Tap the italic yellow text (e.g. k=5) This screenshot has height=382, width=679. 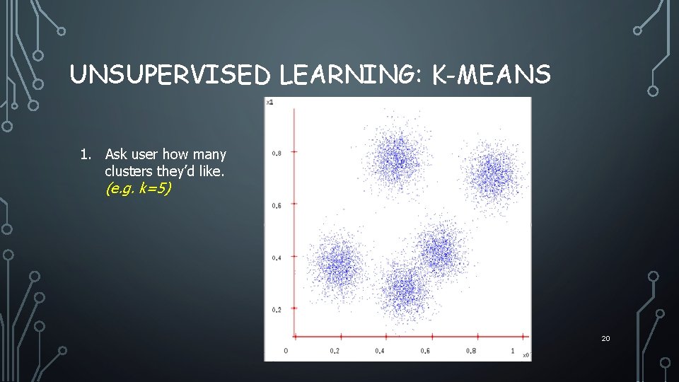[x=138, y=189]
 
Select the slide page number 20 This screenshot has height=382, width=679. [x=605, y=339]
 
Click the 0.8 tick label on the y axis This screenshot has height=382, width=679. [x=277, y=153]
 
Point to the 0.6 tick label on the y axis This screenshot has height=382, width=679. [x=277, y=205]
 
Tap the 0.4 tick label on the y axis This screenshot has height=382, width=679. [x=277, y=257]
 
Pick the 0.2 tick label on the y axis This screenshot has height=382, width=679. [x=277, y=310]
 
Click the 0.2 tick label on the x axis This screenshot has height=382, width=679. [x=334, y=351]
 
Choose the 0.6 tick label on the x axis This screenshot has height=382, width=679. [x=424, y=351]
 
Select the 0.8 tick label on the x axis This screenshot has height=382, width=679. [x=470, y=351]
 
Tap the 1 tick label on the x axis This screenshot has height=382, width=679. [x=513, y=351]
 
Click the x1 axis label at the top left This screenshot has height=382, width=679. [x=269, y=103]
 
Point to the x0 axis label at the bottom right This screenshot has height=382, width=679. [x=525, y=354]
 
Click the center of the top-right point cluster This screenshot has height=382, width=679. [x=492, y=172]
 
